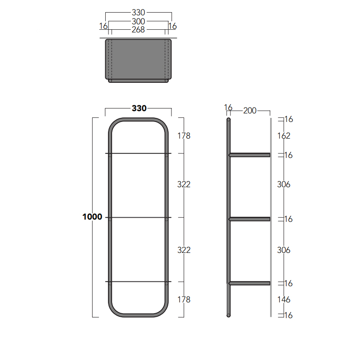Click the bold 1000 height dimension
point(92,217)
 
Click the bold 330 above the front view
point(139,108)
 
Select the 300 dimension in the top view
point(139,21)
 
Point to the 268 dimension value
point(138,30)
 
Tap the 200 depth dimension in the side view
point(250,111)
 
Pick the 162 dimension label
point(284,136)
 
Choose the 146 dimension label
point(284,300)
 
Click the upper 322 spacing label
point(184,184)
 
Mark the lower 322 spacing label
point(184,250)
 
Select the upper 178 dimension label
point(184,136)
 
